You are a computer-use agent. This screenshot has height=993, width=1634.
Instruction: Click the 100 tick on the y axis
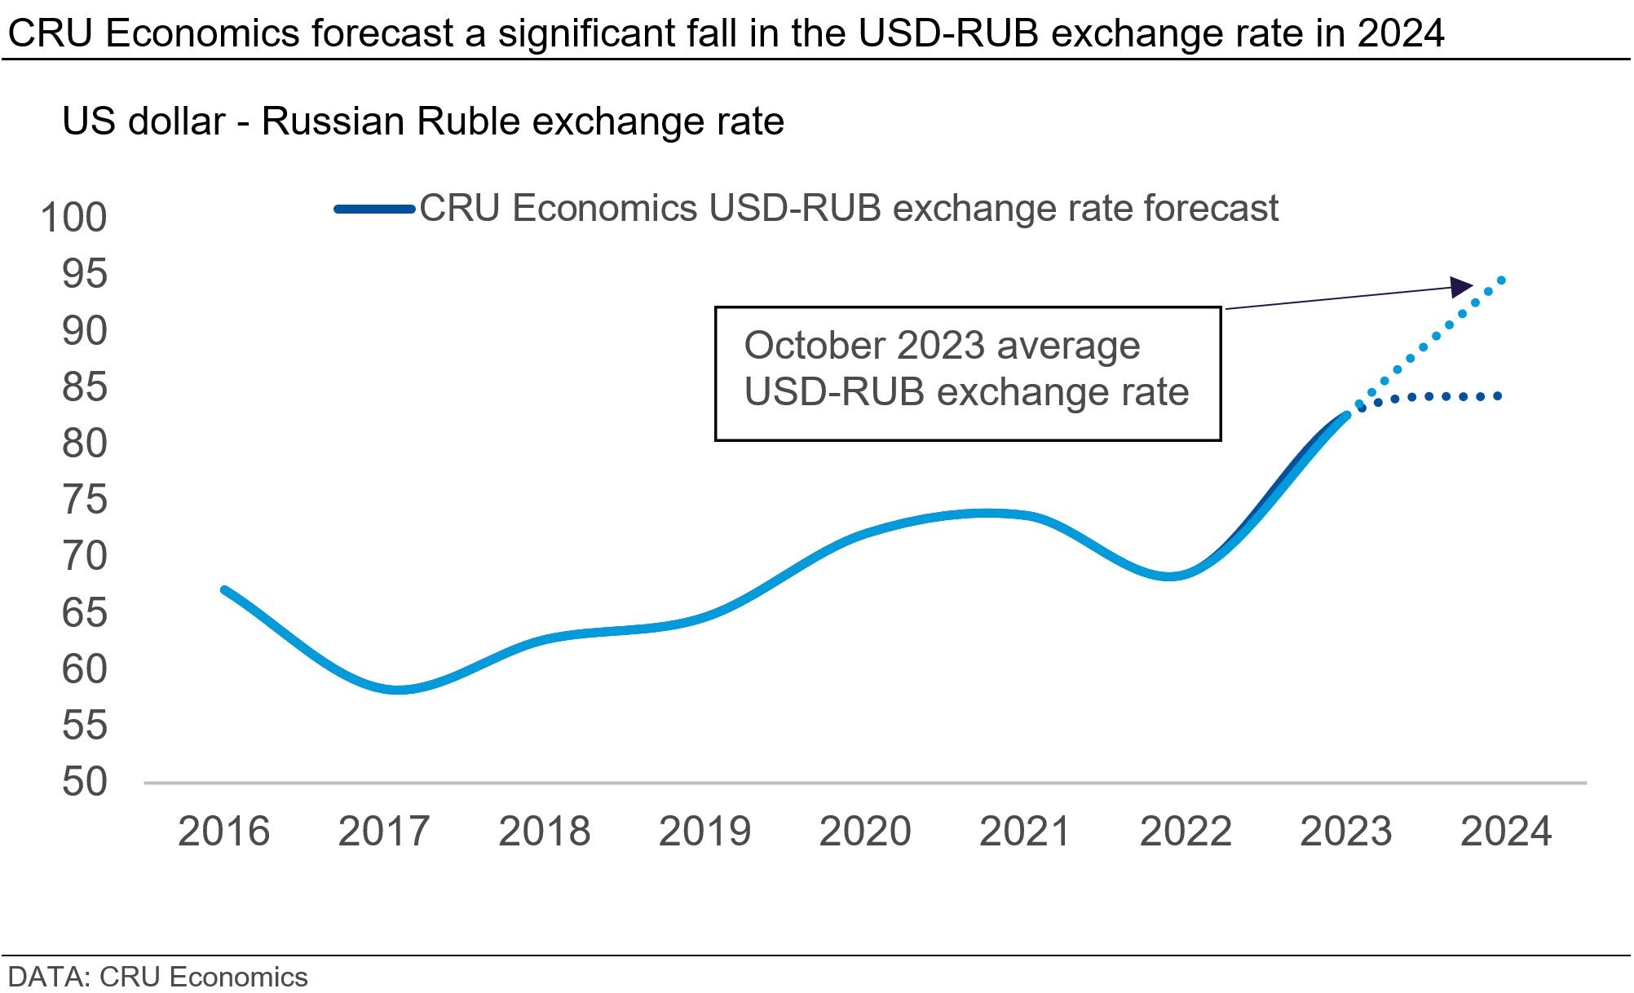(73, 218)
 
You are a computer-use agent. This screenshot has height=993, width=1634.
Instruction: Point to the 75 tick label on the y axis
(85, 500)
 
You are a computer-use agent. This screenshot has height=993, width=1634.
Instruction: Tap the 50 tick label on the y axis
(85, 782)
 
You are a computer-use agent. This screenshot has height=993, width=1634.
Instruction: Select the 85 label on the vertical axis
(85, 387)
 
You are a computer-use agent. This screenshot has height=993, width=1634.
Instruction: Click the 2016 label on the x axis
(223, 832)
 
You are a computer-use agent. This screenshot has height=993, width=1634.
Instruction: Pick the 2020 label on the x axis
(864, 832)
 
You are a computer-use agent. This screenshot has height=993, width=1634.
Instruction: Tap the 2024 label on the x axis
(1505, 832)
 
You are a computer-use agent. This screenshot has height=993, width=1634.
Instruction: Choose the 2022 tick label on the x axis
(1185, 832)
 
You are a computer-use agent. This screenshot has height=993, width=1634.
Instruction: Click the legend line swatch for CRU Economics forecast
(375, 210)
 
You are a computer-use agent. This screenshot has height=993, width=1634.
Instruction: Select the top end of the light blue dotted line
(1502, 280)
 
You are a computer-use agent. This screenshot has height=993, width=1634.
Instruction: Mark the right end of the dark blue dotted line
(1499, 397)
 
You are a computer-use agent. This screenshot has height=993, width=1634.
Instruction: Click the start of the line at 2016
(224, 589)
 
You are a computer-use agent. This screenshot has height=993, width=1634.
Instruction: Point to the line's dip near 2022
(1169, 576)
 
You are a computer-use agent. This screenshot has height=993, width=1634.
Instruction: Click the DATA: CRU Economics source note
(157, 977)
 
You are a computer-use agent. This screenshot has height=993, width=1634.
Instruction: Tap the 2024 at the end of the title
(1400, 34)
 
